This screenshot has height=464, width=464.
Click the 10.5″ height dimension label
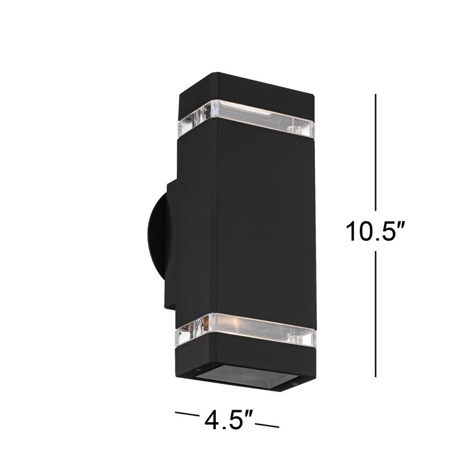[x=375, y=233]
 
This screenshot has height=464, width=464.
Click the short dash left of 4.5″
[x=186, y=415]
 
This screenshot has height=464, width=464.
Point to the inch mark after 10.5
[x=399, y=224]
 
